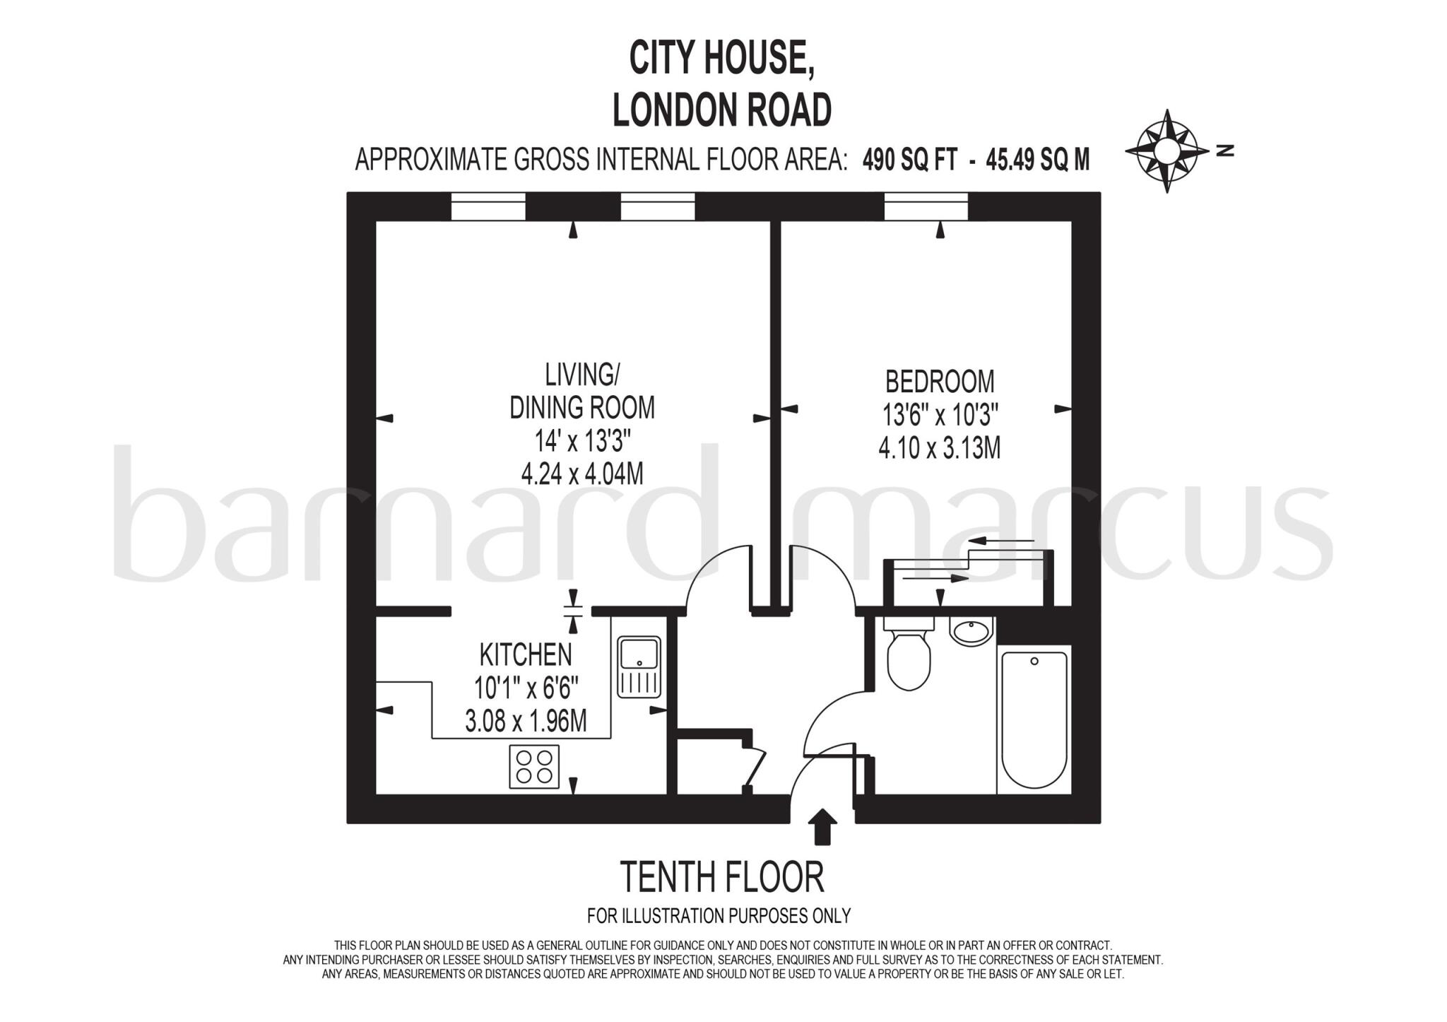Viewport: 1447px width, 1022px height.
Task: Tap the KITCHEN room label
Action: point(526,655)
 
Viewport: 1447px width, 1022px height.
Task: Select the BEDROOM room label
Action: point(939,382)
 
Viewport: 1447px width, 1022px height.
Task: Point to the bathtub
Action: point(1034,719)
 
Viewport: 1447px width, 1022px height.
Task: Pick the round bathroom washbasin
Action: point(971,630)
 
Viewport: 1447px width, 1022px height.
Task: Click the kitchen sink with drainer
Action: point(639,666)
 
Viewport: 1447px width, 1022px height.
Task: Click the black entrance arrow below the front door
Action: point(822,826)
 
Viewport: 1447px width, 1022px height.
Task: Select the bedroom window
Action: point(926,206)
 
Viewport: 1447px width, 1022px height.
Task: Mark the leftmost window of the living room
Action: point(488,206)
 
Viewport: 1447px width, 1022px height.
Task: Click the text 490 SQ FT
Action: point(910,160)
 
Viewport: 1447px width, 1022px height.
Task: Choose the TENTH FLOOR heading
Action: point(721,877)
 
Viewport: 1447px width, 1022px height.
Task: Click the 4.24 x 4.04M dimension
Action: point(582,474)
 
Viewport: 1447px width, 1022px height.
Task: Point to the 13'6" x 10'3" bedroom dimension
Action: point(940,415)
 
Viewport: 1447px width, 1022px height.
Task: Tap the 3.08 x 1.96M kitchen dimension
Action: point(526,722)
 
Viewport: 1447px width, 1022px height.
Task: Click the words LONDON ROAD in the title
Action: point(721,110)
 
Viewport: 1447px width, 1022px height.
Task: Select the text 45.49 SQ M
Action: point(1037,160)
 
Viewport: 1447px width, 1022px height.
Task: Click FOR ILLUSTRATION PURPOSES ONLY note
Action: point(719,916)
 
